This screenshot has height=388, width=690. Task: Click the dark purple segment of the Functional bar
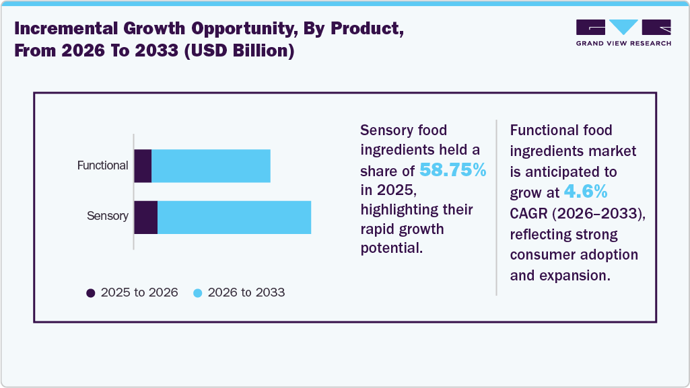pyautogui.click(x=143, y=165)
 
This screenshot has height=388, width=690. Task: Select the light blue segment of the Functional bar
pyautogui.click(x=211, y=165)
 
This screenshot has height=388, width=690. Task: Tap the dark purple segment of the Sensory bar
pyautogui.click(x=145, y=217)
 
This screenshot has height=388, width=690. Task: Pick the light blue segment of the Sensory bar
pyautogui.click(x=234, y=217)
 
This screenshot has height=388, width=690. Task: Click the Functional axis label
pyautogui.click(x=102, y=165)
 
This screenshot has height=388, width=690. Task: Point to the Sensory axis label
pyautogui.click(x=108, y=217)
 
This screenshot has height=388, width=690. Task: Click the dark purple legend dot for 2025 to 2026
pyautogui.click(x=91, y=293)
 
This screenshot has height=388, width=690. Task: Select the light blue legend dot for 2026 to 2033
pyautogui.click(x=198, y=293)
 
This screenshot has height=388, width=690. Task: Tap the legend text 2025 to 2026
pyautogui.click(x=139, y=293)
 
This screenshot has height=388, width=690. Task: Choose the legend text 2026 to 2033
pyautogui.click(x=246, y=293)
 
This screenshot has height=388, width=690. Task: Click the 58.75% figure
pyautogui.click(x=452, y=170)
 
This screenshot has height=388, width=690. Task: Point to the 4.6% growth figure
pyautogui.click(x=586, y=192)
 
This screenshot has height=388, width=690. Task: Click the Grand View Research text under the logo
pyautogui.click(x=623, y=44)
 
